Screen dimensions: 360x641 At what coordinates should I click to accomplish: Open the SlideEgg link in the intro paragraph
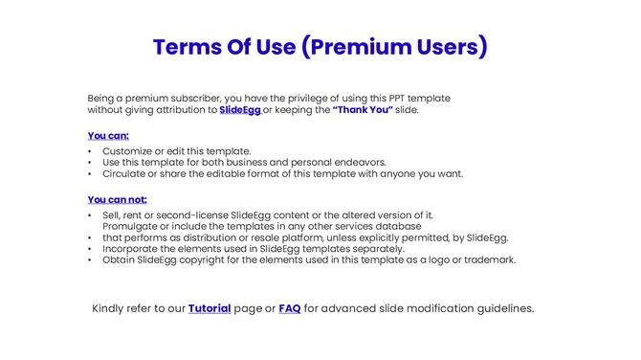(240, 110)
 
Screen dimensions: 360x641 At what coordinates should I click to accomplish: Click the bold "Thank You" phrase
(363, 110)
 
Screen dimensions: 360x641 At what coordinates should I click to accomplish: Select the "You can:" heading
(108, 136)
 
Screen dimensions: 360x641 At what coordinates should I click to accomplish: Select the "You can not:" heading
(117, 200)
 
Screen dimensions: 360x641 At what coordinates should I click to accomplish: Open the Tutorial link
(210, 308)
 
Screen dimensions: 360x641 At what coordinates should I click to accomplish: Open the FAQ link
(290, 308)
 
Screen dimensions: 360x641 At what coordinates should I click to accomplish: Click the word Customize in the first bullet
(130, 151)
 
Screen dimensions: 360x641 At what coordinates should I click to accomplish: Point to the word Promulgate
(133, 227)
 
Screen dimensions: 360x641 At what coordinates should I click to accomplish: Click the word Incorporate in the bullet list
(133, 249)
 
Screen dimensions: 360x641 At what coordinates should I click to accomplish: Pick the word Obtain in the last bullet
(120, 259)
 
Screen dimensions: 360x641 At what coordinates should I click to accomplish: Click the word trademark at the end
(489, 259)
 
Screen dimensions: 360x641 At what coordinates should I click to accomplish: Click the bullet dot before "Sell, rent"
(90, 215)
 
